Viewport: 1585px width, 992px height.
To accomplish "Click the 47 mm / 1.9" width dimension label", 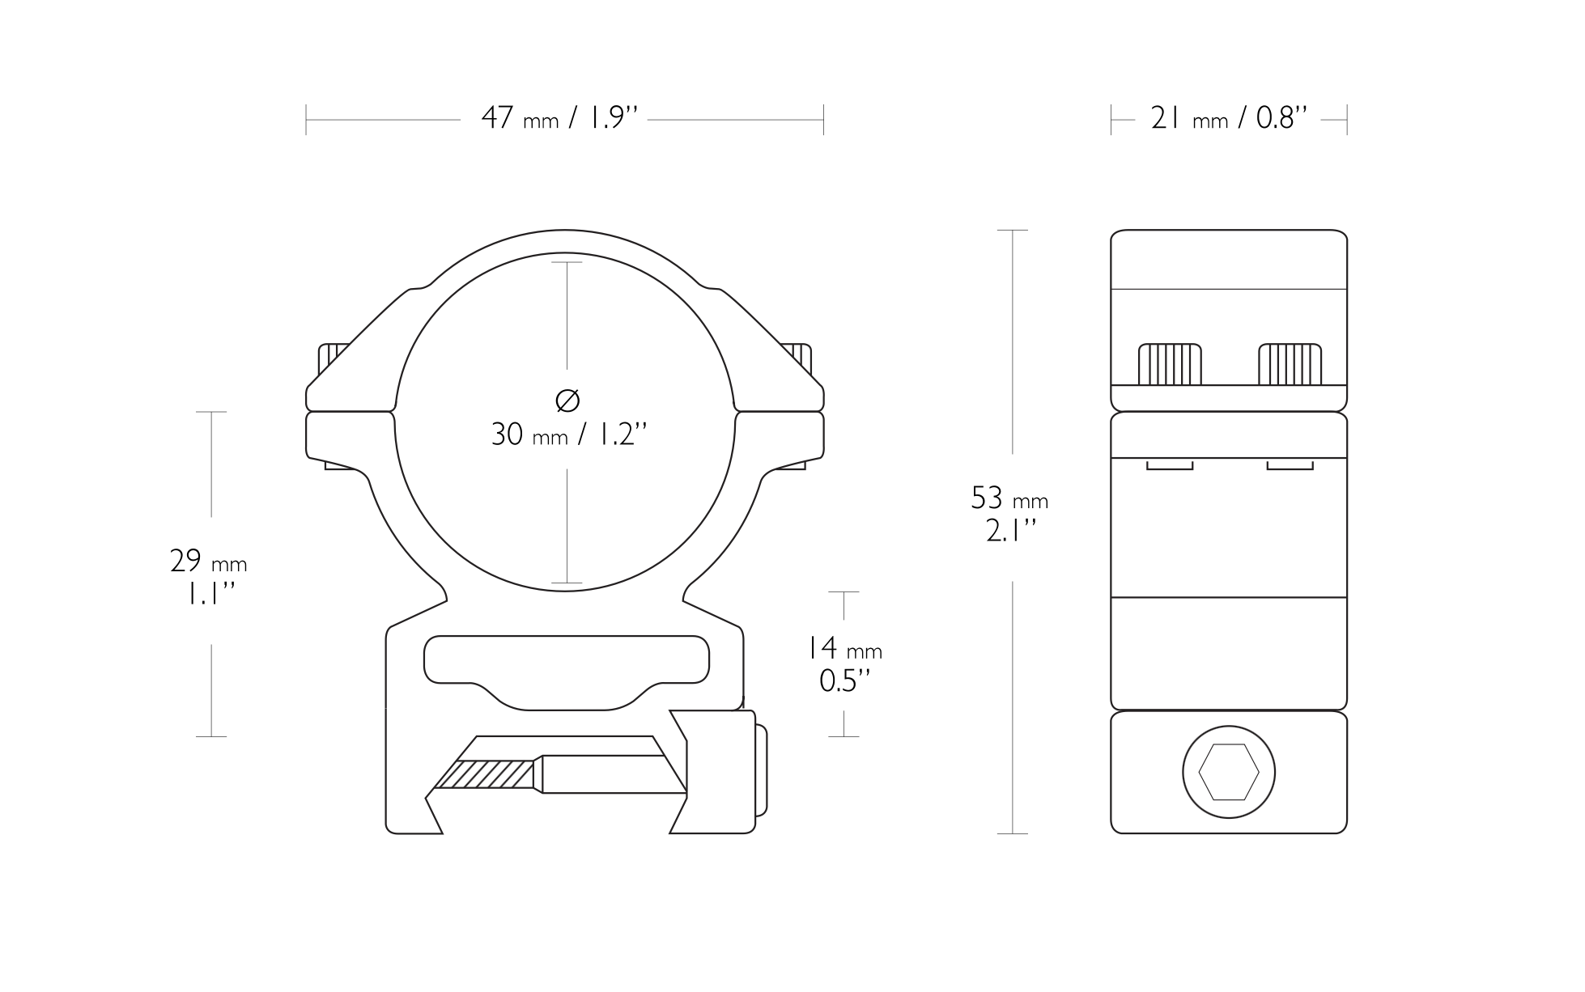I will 559,119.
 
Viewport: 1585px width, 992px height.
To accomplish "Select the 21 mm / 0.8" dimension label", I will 1229,119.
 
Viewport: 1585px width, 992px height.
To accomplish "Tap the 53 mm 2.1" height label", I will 1009,514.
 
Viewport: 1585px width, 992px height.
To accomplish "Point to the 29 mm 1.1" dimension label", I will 209,577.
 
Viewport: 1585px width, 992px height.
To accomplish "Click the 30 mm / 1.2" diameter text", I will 569,435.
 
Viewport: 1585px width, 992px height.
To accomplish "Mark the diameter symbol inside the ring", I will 568,400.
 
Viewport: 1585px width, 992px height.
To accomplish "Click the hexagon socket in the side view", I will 1228,772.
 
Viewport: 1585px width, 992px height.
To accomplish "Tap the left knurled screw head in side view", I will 1170,365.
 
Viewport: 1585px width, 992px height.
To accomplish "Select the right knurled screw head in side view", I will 1290,365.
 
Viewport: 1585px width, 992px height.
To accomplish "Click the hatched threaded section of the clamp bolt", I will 486,774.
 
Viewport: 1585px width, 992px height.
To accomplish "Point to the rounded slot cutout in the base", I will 567,668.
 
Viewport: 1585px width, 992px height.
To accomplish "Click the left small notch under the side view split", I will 1170,464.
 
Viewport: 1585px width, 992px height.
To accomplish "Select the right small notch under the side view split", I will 1290,464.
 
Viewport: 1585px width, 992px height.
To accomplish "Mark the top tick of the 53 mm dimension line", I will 1012,231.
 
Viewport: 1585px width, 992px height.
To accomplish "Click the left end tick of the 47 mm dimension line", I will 306,120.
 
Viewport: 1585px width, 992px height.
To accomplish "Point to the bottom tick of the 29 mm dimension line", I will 211,736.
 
